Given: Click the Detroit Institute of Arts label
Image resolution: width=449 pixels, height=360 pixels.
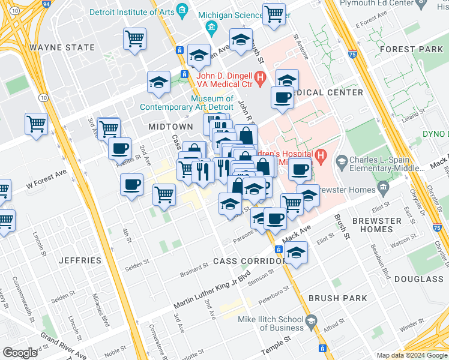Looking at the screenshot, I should click(x=132, y=12).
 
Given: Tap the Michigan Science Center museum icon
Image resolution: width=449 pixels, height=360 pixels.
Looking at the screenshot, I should click(x=211, y=28).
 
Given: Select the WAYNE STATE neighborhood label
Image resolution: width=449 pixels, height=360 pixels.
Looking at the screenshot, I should click(x=62, y=47).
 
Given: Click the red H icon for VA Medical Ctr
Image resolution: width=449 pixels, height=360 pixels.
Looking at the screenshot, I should click(x=260, y=77).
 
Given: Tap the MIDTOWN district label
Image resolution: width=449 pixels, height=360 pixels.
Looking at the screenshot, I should click(x=170, y=127).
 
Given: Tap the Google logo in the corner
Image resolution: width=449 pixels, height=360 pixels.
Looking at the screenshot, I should click(x=20, y=352).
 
